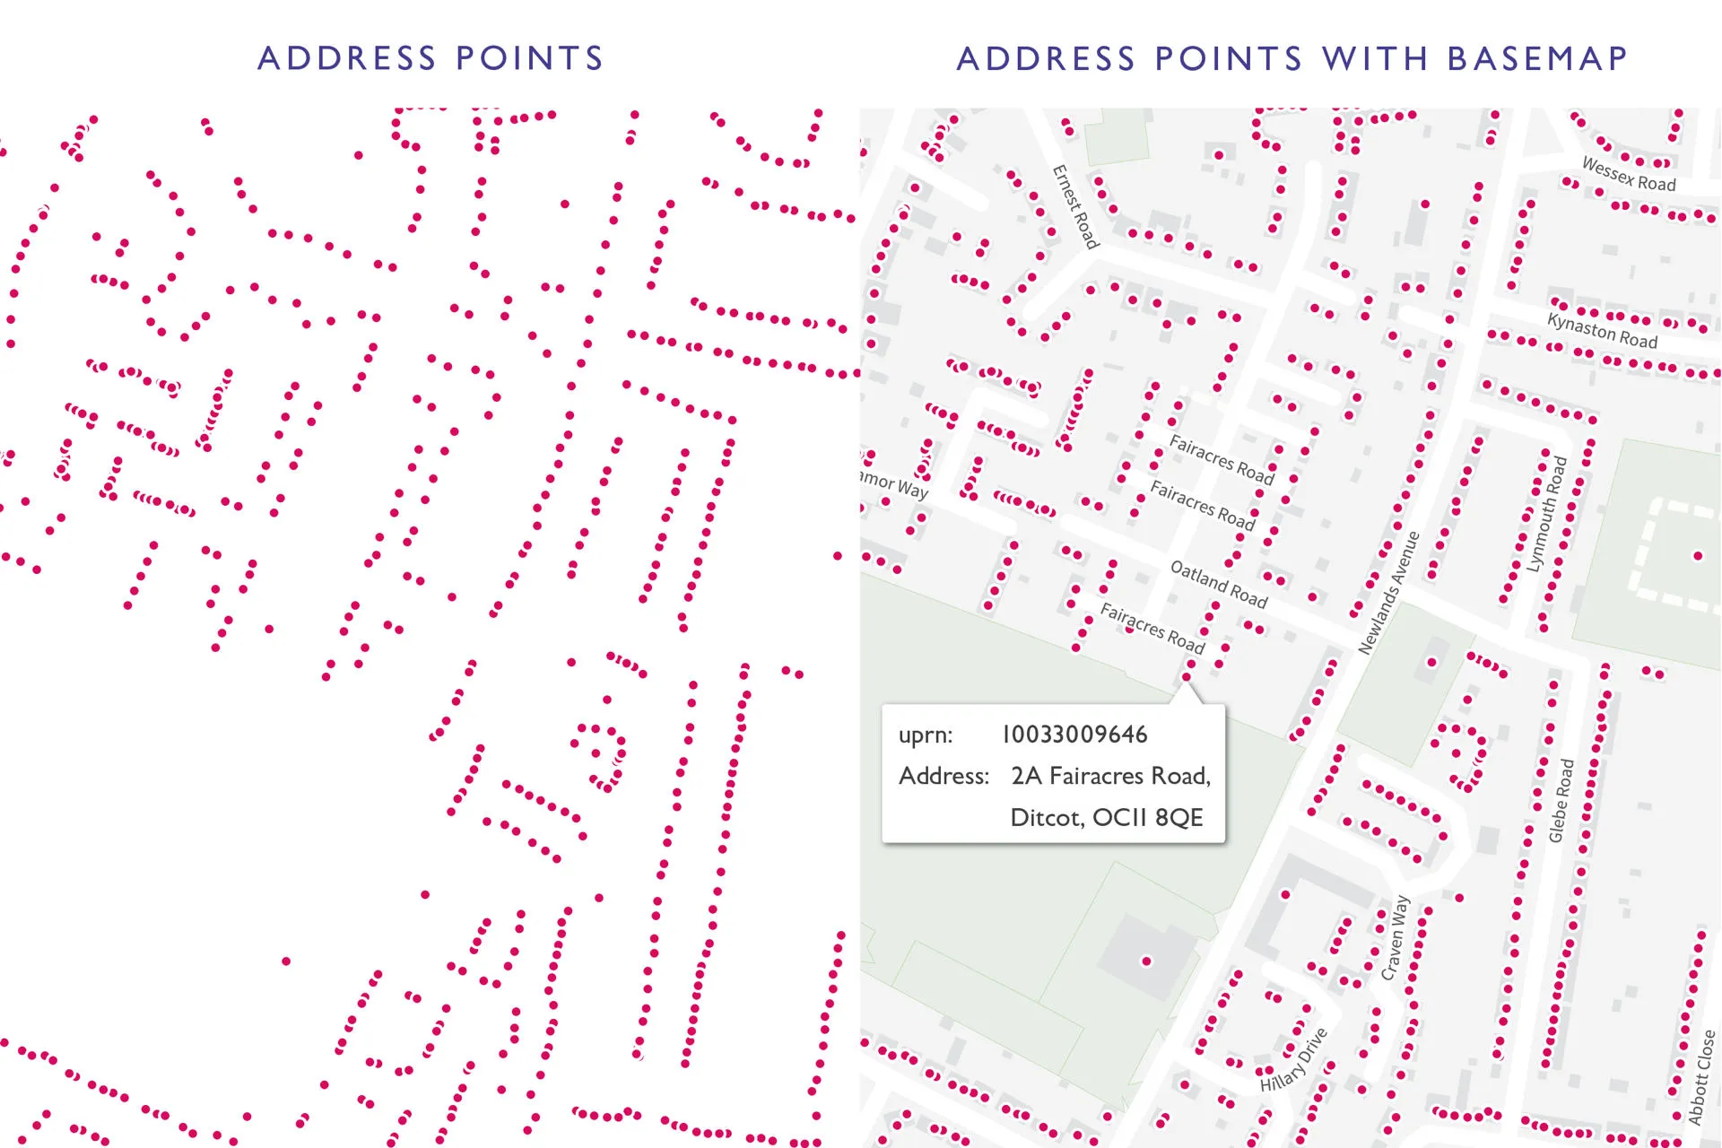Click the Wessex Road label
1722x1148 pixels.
click(1628, 175)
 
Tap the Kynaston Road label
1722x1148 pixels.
click(1602, 330)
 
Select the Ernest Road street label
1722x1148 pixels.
click(1074, 206)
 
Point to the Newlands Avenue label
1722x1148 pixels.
click(1388, 593)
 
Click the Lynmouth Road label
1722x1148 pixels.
click(1546, 514)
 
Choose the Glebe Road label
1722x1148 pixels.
click(1561, 801)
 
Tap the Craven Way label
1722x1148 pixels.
click(1395, 937)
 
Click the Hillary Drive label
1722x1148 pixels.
click(1293, 1061)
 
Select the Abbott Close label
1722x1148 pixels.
click(1701, 1077)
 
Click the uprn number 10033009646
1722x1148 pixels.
click(1074, 735)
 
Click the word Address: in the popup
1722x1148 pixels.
click(944, 776)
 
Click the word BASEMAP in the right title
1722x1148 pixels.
click(1537, 58)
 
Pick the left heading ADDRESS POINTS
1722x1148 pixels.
click(430, 58)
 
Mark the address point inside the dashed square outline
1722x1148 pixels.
click(1697, 556)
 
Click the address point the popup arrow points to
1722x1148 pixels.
click(1187, 676)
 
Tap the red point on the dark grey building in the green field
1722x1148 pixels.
click(1145, 961)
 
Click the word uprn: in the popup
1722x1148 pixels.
click(925, 735)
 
